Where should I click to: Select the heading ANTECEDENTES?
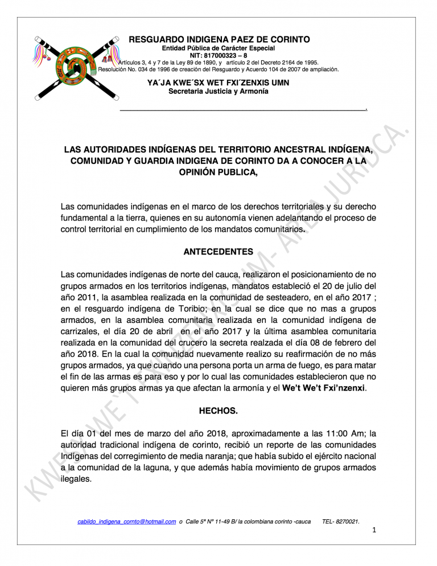tap(218, 252)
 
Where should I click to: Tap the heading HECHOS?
tap(218, 409)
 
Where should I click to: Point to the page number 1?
tap(374, 531)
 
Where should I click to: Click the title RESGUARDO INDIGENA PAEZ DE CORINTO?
tap(219, 39)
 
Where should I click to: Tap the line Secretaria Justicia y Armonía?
tap(219, 92)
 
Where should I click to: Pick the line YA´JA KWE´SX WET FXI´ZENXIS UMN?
tap(219, 83)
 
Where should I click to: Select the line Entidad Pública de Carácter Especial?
tap(219, 48)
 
